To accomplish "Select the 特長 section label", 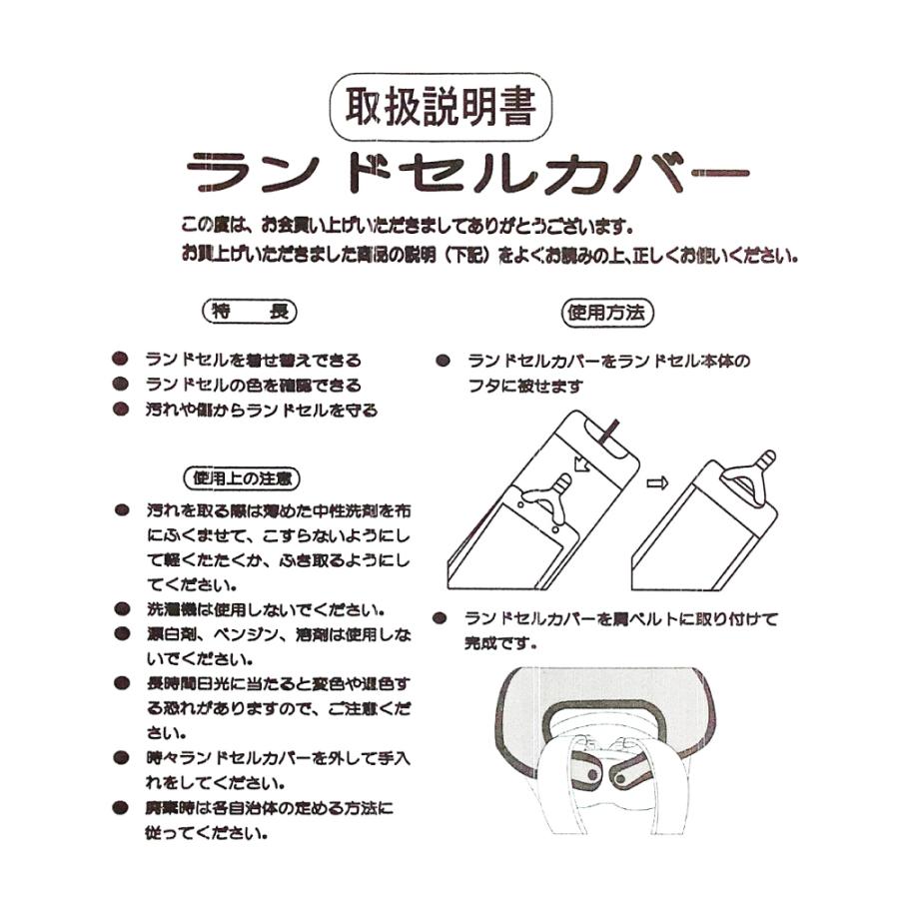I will coord(249,312).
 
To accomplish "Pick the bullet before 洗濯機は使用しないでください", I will coord(121,608).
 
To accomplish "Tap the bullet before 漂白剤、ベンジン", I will coord(121,633).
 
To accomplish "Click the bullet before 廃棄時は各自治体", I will coord(121,807).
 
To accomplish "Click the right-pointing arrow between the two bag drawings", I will coord(656,483).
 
